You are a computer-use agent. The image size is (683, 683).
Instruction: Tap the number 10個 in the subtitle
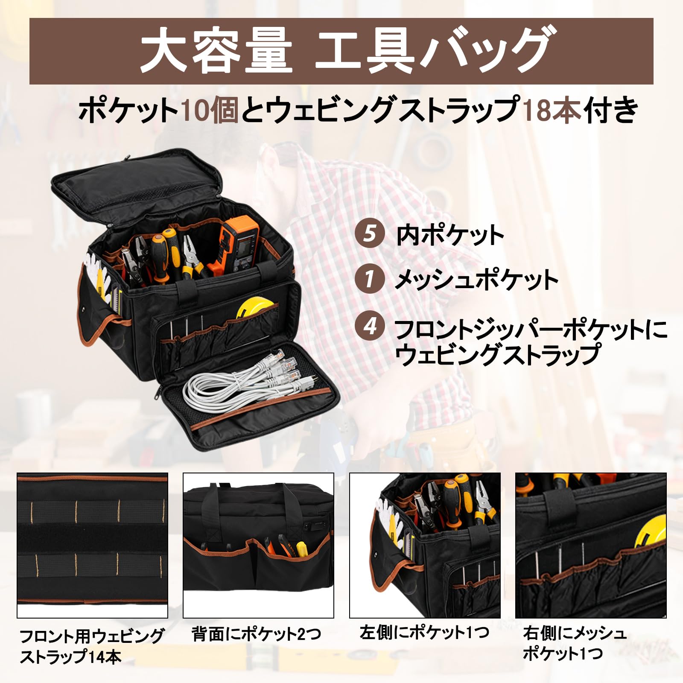pyautogui.click(x=209, y=110)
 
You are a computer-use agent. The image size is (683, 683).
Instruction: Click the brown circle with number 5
pyautogui.click(x=370, y=234)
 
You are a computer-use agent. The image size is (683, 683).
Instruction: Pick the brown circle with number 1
pyautogui.click(x=370, y=279)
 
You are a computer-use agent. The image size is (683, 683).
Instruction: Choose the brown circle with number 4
pyautogui.click(x=370, y=327)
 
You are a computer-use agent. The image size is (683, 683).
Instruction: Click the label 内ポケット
pyautogui.click(x=450, y=235)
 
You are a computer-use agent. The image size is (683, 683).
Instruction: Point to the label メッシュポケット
pyautogui.click(x=476, y=280)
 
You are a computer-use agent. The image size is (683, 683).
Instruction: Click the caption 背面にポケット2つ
pyautogui.click(x=256, y=634)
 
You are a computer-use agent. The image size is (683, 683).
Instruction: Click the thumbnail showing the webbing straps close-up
pyautogui.click(x=92, y=545)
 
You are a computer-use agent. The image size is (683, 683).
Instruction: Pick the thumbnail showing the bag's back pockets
pyautogui.click(x=258, y=545)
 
